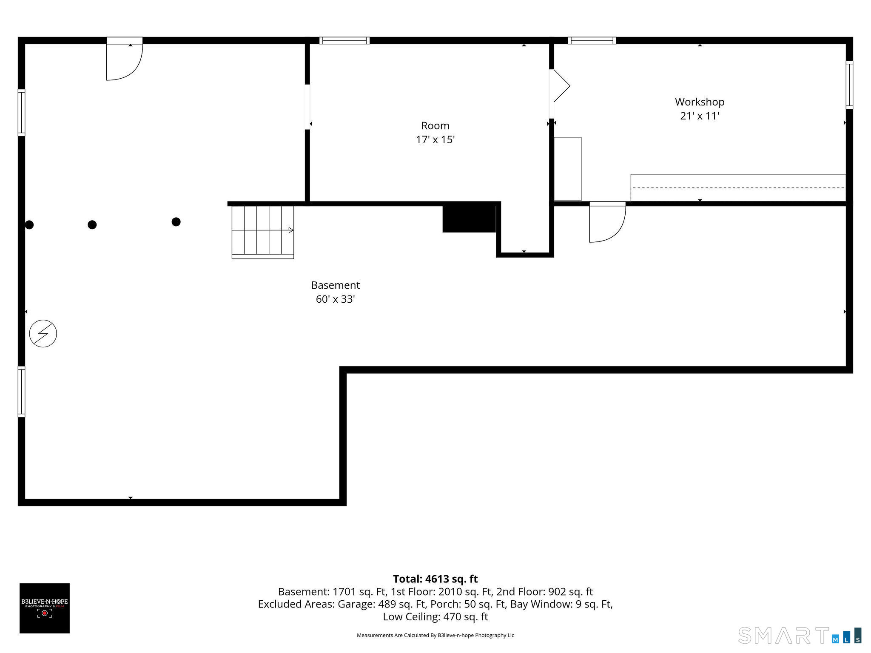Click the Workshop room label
[700, 102]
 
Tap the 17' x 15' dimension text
[435, 140]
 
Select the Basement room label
[335, 285]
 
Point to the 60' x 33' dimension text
[335, 299]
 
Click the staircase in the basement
[263, 232]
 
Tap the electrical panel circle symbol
[43, 333]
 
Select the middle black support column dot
[92, 225]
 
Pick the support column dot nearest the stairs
[176, 222]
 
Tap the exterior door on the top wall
[124, 59]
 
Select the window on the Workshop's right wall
[849, 85]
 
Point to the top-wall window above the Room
[344, 41]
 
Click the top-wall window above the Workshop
[592, 41]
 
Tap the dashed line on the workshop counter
[738, 187]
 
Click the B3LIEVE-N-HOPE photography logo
[45, 608]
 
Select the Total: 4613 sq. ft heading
[435, 579]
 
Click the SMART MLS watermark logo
[800, 635]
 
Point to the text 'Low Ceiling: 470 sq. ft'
[435, 617]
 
